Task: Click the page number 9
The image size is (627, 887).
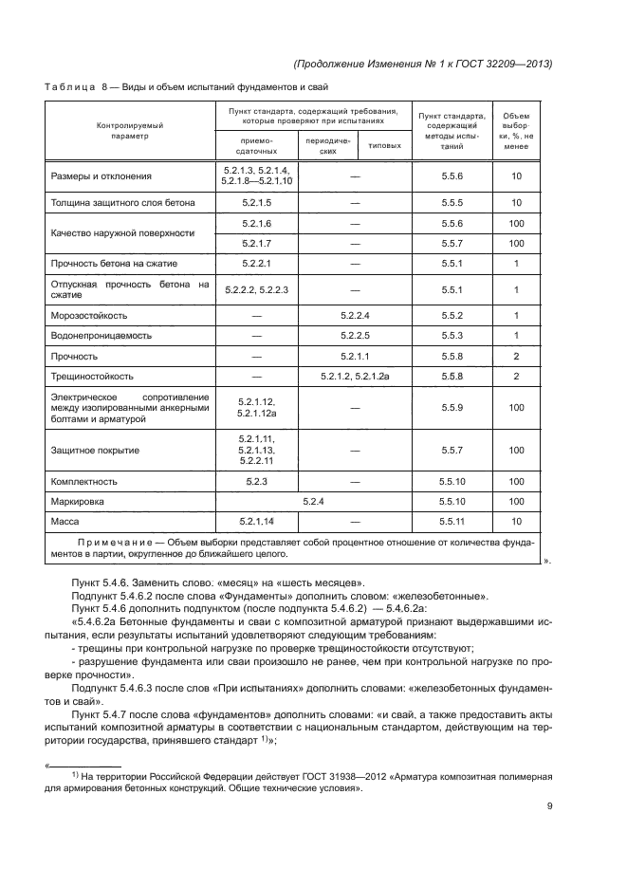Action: pos(549,806)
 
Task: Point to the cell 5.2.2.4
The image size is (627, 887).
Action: pos(355,314)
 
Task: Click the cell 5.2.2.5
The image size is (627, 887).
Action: pos(355,335)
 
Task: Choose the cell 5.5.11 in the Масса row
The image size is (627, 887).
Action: pos(452,522)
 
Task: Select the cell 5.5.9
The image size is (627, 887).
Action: pos(452,407)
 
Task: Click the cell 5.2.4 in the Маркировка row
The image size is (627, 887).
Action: pos(313,501)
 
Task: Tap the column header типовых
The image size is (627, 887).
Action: pos(384,145)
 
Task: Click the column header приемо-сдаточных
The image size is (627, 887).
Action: pos(257,145)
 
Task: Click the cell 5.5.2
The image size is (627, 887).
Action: pos(452,314)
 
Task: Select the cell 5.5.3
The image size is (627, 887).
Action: pos(452,335)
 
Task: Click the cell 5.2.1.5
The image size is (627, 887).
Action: pos(257,203)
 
